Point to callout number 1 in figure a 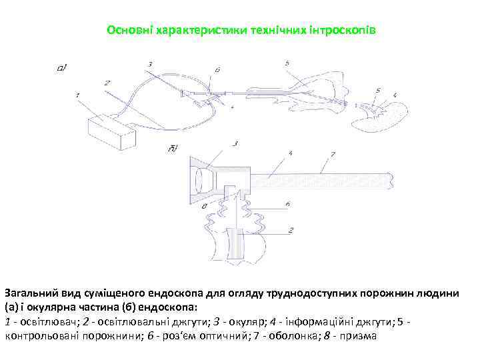78,96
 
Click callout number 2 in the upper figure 107,83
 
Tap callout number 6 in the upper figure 218,69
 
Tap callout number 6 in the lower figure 286,203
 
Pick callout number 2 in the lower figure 291,230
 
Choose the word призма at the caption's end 358,336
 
